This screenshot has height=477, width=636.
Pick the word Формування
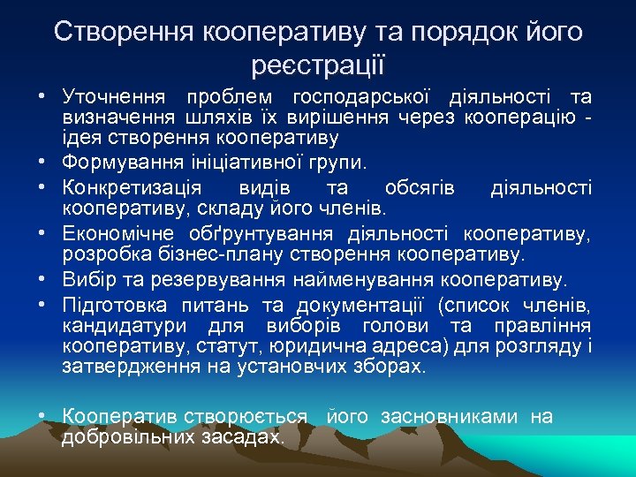117,163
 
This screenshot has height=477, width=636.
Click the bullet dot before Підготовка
42,306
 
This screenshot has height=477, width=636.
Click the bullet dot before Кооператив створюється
42,416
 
